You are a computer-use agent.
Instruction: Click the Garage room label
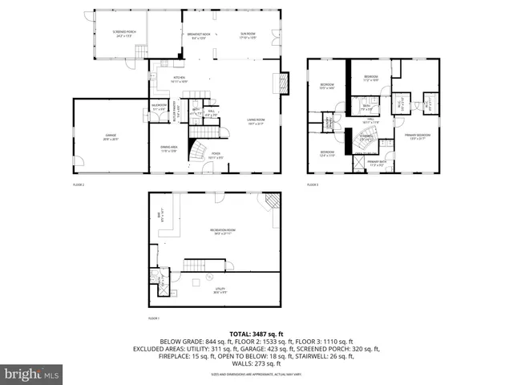pyautogui.click(x=111, y=137)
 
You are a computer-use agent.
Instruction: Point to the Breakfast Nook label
pyautogui.click(x=200, y=34)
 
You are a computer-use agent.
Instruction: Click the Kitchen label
pyautogui.click(x=178, y=79)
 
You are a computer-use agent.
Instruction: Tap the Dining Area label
pyautogui.click(x=168, y=150)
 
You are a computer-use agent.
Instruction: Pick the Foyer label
pyautogui.click(x=216, y=157)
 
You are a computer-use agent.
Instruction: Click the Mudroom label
pyautogui.click(x=160, y=107)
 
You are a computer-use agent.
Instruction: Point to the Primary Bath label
pyautogui.click(x=378, y=164)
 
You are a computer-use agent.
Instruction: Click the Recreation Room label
pyautogui.click(x=223, y=232)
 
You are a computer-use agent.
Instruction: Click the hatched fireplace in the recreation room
pyautogui.click(x=273, y=204)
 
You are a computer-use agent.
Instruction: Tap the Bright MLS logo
pyautogui.click(x=32, y=374)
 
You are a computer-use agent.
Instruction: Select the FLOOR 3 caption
pyautogui.click(x=313, y=185)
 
